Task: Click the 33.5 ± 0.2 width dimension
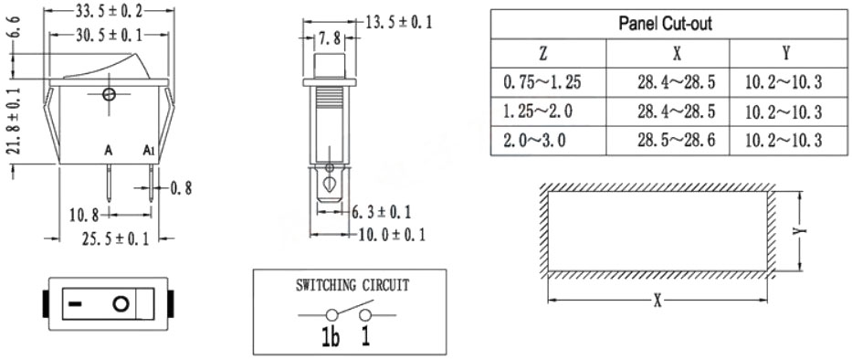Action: [x=109, y=9]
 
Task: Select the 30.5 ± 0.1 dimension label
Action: [x=110, y=36]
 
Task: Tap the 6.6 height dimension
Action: [x=15, y=26]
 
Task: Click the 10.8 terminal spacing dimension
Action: [x=84, y=216]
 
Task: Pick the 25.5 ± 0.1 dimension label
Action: [x=115, y=238]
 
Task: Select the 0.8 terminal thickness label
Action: [x=181, y=189]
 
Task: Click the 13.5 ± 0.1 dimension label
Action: [x=399, y=22]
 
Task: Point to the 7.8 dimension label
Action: [x=330, y=38]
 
